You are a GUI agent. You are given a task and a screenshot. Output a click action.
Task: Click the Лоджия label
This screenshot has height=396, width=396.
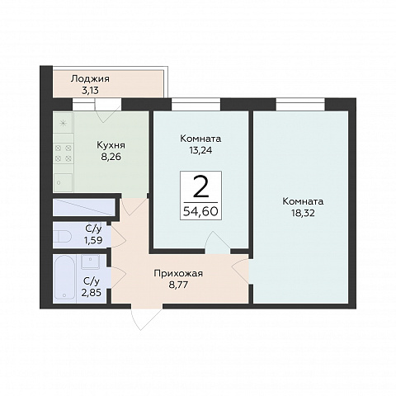[90, 79]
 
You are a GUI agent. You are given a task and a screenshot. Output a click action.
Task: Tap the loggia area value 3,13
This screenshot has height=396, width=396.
[90, 91]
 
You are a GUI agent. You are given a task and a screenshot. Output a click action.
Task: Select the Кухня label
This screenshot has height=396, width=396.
[111, 145]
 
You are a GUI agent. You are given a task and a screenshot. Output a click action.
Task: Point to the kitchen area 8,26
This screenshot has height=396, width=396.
[111, 157]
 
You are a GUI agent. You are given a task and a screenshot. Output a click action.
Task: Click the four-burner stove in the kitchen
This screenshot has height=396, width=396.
[64, 153]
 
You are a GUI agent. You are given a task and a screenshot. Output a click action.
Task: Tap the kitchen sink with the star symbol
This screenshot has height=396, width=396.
[64, 123]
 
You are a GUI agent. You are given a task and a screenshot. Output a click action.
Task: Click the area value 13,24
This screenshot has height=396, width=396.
[200, 150]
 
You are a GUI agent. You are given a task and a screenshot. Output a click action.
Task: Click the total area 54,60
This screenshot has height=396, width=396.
[200, 211]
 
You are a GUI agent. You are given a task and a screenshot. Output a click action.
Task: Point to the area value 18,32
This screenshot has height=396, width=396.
[303, 213]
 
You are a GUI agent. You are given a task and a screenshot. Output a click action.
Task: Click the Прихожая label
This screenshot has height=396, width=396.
[178, 274]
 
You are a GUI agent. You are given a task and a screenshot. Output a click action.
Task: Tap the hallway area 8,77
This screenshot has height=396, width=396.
[178, 285]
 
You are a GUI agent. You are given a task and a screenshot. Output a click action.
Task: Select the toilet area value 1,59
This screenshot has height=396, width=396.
[93, 240]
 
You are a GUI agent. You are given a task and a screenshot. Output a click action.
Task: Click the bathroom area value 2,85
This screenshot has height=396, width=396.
[91, 293]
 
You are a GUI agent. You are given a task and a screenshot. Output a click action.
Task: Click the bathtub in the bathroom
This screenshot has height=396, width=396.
[64, 278]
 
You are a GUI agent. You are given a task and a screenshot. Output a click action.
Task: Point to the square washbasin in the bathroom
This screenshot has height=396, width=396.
[90, 262]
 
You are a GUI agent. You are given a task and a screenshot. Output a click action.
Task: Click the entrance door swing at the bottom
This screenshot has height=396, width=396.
[146, 317]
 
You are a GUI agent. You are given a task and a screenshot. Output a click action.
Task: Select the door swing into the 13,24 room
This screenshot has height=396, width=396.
[217, 243]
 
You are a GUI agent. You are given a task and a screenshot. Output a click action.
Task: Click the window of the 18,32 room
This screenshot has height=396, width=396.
[300, 105]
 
